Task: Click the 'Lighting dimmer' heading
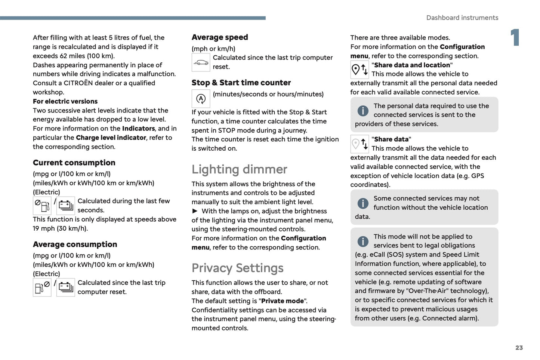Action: pos(239,169)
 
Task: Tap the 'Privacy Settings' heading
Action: pos(237,268)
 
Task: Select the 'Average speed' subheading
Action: pos(220,37)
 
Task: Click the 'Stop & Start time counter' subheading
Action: pos(241,83)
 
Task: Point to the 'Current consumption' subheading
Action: pos(74,163)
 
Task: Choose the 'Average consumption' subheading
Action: pos(75,244)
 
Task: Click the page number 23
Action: pos(519,348)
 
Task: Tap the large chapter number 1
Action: pos(515,38)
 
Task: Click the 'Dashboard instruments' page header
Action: pos(462,18)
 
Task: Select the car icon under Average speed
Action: pos(201,62)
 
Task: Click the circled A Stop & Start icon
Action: pos(201,99)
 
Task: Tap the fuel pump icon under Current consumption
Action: pos(42,206)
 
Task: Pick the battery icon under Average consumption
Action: pos(66,287)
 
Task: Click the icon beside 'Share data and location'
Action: pos(360,70)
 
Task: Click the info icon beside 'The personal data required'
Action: pos(363,111)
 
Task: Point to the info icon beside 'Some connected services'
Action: pos(363,203)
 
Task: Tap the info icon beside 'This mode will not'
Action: pos(363,241)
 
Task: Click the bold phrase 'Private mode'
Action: pos(283,301)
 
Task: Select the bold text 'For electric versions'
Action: pos(65,101)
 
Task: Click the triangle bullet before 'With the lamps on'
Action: pos(195,211)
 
